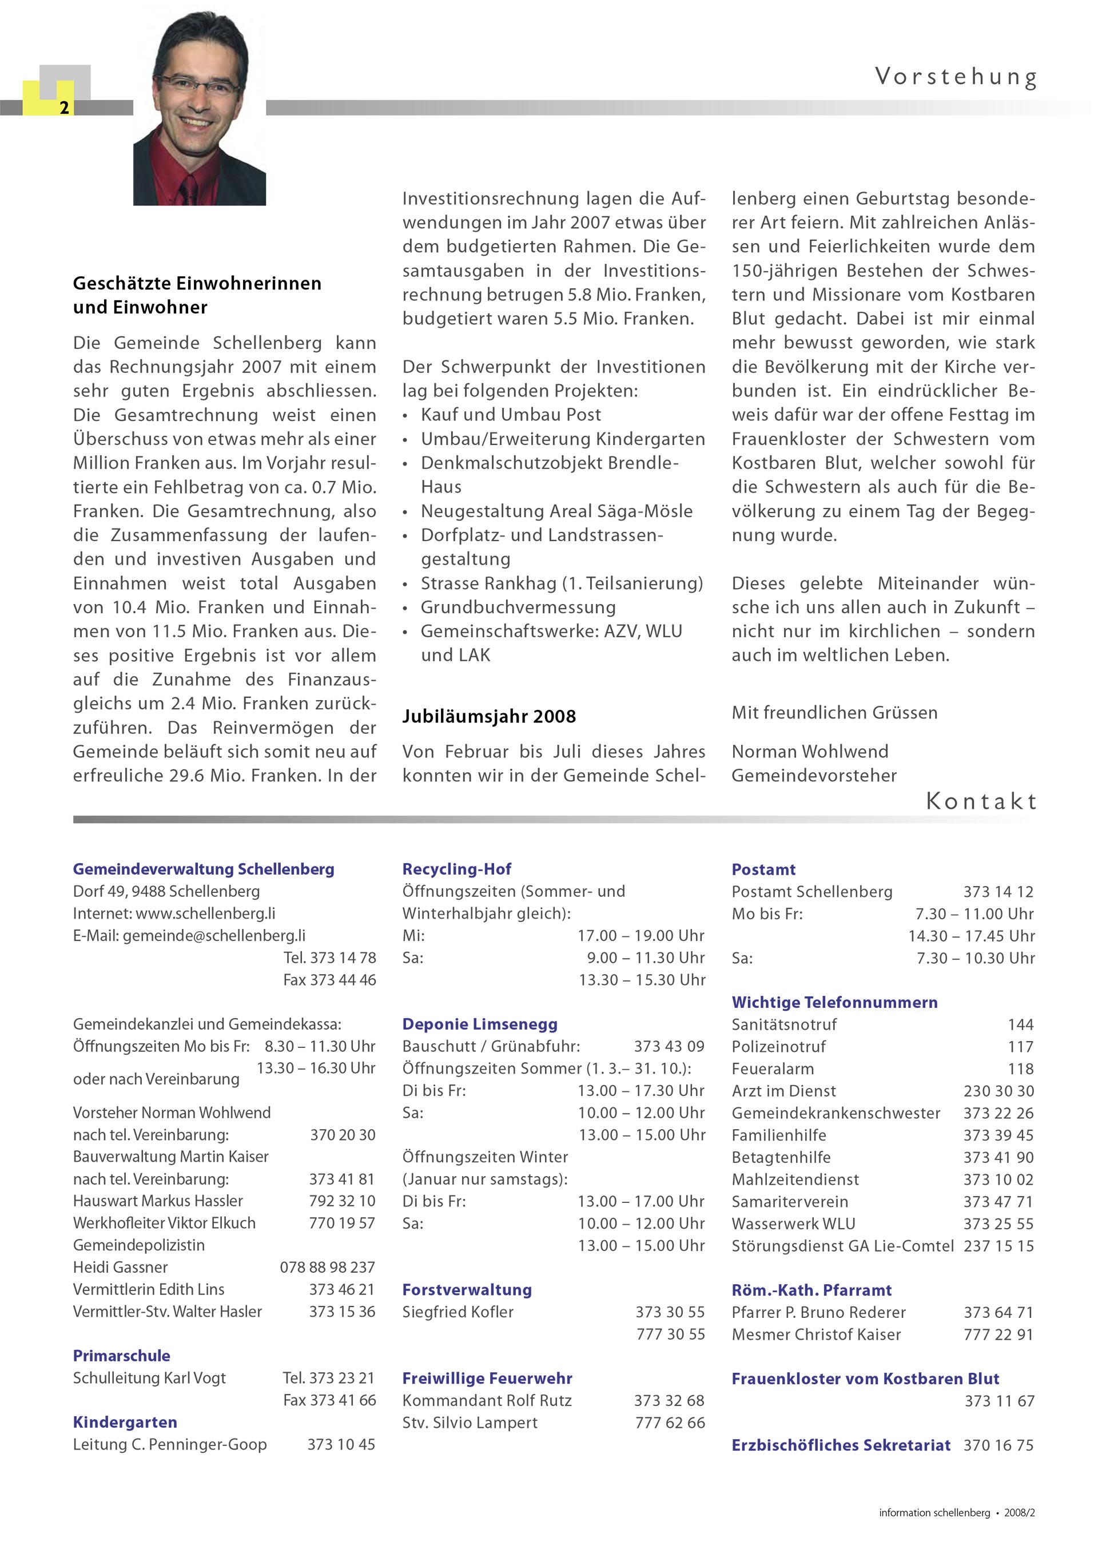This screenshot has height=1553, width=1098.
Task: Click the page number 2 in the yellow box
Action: click(64, 108)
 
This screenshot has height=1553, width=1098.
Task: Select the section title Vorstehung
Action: click(956, 77)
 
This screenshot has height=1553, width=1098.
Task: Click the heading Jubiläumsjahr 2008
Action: click(489, 716)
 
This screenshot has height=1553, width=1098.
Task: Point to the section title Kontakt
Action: click(981, 801)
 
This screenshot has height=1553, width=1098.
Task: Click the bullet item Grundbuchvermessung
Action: click(518, 607)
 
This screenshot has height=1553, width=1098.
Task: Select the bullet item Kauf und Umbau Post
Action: click(511, 415)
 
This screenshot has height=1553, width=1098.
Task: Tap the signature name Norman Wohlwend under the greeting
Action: click(810, 752)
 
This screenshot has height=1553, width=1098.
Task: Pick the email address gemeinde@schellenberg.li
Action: click(214, 935)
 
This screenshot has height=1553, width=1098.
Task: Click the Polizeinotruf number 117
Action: click(1020, 1047)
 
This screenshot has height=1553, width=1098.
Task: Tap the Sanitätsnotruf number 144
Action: click(1020, 1024)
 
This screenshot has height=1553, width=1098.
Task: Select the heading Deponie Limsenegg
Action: click(479, 1024)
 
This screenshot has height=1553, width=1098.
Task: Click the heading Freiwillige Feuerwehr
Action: click(487, 1379)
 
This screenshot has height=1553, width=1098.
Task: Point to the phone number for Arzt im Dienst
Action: click(998, 1091)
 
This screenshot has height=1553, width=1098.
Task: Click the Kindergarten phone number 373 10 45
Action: click(341, 1445)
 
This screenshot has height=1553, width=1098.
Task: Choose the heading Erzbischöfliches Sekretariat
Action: click(841, 1445)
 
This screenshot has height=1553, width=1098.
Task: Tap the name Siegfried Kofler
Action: click(457, 1312)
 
